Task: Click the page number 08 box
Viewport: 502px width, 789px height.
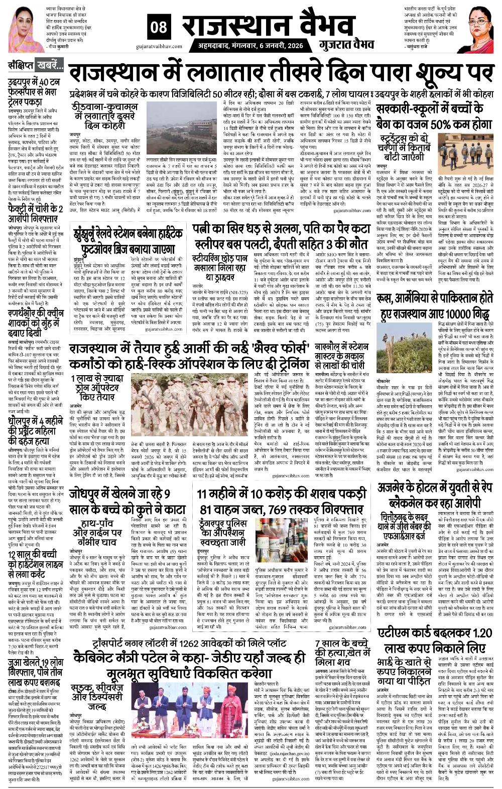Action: (x=161, y=29)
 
